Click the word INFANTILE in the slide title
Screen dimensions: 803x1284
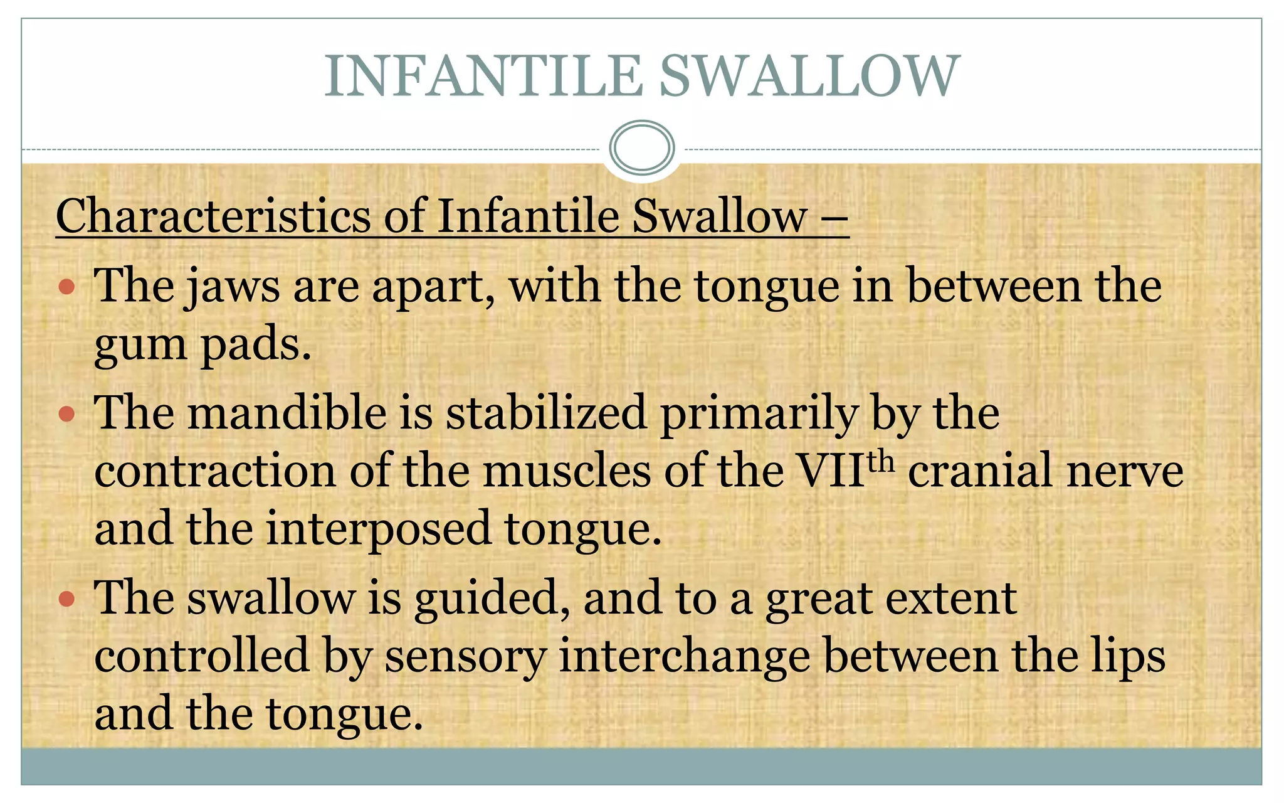[x=483, y=76]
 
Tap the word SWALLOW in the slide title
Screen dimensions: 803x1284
[x=809, y=76]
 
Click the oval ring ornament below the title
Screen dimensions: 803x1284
[x=641, y=148]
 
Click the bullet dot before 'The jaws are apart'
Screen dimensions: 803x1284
[x=66, y=287]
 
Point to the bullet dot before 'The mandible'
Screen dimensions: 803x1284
[x=66, y=413]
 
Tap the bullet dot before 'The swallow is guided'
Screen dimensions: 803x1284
[x=66, y=598]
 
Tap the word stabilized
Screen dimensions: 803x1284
[x=545, y=413]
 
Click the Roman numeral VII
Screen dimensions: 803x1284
[x=830, y=471]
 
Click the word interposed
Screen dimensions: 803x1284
[x=379, y=529]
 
